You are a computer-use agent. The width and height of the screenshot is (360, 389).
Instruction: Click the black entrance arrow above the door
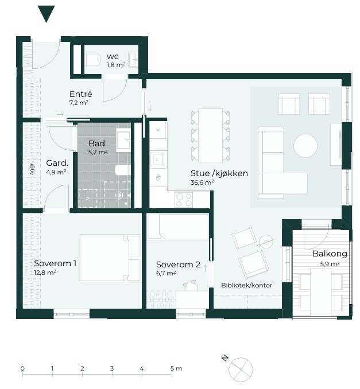(46, 13)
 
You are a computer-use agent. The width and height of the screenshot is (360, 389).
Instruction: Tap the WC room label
(113, 57)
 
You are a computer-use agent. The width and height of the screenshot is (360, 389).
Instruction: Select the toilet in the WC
(93, 60)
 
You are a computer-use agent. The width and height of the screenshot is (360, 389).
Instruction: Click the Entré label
(81, 94)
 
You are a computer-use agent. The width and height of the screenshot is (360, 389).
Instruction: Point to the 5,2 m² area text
(98, 152)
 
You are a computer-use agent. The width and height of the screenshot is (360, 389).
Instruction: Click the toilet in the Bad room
(123, 170)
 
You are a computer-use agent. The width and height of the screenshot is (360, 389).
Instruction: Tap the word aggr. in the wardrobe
(32, 168)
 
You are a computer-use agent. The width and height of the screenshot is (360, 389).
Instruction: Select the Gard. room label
(57, 163)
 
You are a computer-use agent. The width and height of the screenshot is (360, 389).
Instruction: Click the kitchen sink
(157, 160)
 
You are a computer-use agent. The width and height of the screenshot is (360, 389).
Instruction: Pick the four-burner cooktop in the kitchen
(184, 200)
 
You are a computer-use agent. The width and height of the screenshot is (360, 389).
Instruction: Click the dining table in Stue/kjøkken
(210, 135)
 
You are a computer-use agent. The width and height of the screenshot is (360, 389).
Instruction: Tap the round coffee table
(305, 146)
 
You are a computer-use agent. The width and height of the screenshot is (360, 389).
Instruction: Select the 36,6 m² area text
(202, 182)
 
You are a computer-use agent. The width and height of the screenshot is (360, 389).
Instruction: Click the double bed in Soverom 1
(110, 258)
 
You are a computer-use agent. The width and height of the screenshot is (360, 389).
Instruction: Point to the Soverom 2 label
(178, 264)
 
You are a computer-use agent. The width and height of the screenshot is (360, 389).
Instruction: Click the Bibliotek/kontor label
(246, 285)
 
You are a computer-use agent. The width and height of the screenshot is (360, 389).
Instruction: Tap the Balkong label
(330, 254)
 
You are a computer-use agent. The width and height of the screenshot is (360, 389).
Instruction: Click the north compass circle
(241, 369)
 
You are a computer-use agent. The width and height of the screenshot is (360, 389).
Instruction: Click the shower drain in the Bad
(119, 196)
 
